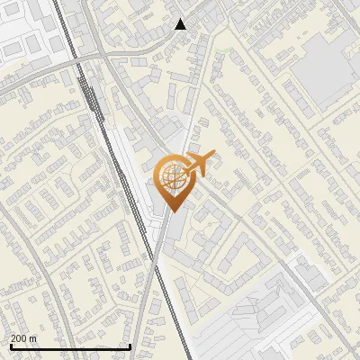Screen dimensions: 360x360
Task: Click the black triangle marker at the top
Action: coord(181,24)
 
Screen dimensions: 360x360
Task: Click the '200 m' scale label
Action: coord(23,338)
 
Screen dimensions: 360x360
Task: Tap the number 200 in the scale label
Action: coord(19,338)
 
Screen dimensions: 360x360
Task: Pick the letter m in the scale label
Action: coord(33,338)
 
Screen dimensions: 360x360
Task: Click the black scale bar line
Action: coord(70,346)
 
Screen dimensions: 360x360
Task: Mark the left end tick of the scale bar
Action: coord(11,346)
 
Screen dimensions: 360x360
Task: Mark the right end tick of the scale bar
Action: coord(130,346)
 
